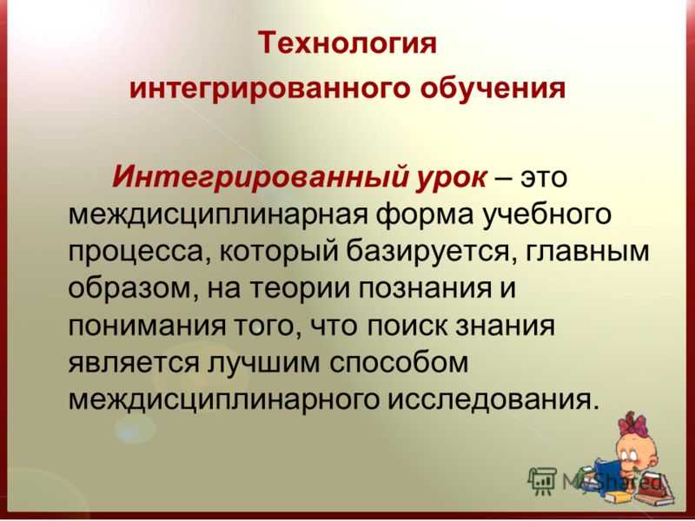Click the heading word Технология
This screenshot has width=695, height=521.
point(348,43)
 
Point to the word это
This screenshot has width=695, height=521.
point(540,177)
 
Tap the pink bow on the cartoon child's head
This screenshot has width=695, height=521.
point(633,425)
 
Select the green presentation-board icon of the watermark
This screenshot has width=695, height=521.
point(542,478)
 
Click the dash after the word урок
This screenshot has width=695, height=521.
point(503,177)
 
